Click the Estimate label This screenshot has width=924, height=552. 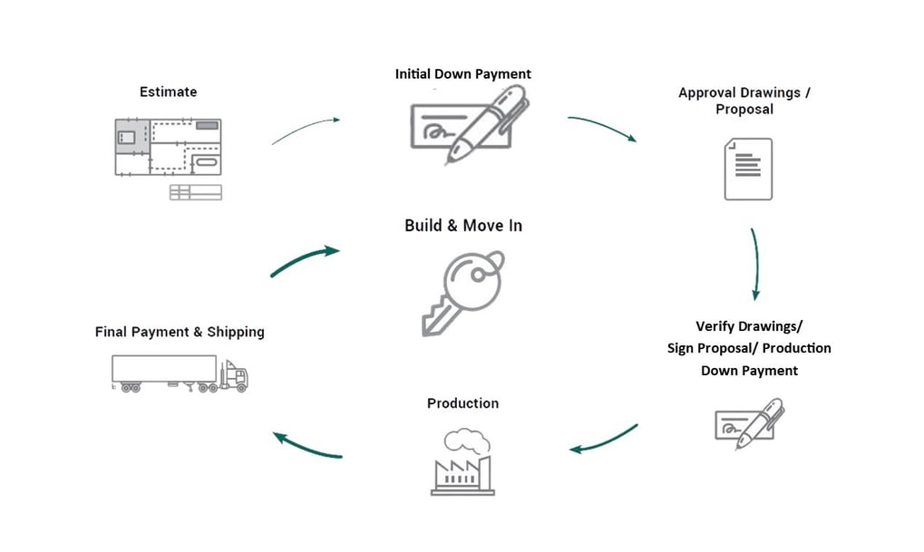pyautogui.click(x=168, y=92)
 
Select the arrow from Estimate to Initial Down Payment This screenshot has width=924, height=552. pyautogui.click(x=306, y=130)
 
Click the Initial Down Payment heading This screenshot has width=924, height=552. pyautogui.click(x=462, y=74)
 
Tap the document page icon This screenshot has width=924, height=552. pyautogui.click(x=748, y=169)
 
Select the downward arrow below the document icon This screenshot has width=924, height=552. pyautogui.click(x=754, y=264)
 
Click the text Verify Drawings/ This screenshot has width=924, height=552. pyautogui.click(x=749, y=325)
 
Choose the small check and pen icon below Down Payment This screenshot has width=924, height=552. pyautogui.click(x=749, y=422)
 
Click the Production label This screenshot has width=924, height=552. pyautogui.click(x=462, y=402)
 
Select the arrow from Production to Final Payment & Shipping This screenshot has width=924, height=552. pyautogui.click(x=307, y=445)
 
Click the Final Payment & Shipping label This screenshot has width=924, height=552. pyautogui.click(x=180, y=332)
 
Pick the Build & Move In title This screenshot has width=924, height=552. pyautogui.click(x=462, y=225)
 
